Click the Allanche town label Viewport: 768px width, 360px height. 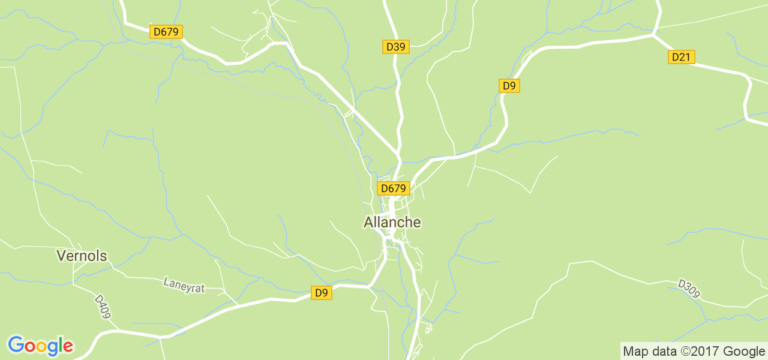392,222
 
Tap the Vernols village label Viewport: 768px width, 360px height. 82,256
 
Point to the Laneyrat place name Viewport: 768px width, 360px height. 184,285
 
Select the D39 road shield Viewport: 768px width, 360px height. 396,47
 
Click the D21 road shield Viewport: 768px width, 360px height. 681,57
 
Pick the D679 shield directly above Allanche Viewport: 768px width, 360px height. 393,188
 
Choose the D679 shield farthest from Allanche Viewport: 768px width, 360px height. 166,32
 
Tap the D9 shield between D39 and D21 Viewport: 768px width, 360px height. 509,86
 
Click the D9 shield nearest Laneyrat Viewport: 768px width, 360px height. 322,293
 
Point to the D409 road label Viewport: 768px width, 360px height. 103,306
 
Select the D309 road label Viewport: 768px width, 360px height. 689,288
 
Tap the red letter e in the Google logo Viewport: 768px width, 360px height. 68,347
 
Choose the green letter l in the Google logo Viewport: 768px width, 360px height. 60,345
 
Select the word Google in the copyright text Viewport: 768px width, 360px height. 743,351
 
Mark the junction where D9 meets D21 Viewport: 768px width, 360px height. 653,35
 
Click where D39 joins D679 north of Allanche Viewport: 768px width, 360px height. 398,152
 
